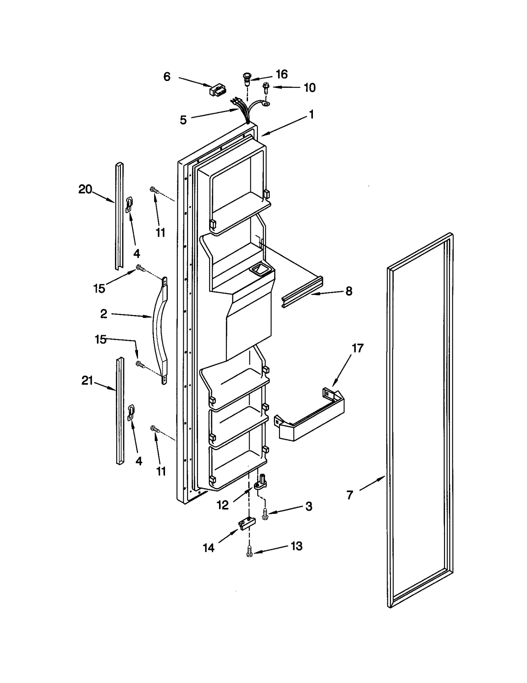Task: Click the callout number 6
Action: click(167, 77)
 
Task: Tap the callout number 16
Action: click(282, 74)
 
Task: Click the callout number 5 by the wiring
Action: click(183, 120)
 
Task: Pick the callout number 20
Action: click(85, 189)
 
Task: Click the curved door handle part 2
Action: click(160, 329)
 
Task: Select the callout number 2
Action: click(103, 314)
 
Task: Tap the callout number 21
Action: click(87, 381)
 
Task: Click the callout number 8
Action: click(349, 291)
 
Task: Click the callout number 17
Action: click(358, 348)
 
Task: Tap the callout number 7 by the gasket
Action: click(350, 495)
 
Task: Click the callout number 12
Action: click(223, 505)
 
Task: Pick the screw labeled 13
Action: click(249, 551)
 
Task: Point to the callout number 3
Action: click(309, 507)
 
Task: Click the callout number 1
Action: click(311, 115)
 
